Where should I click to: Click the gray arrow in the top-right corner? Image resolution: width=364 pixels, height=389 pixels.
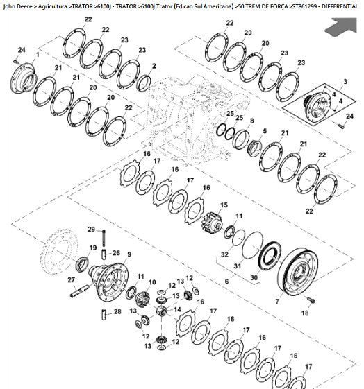(342, 26)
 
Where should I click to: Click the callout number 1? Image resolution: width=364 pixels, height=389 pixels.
(38, 54)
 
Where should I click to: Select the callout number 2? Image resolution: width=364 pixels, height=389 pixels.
(154, 66)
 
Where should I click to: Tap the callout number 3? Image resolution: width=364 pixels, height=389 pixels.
(345, 81)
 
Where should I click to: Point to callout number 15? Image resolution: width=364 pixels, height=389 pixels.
(224, 205)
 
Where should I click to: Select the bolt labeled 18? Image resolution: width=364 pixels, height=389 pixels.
(311, 300)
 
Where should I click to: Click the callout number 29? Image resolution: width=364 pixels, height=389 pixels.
(91, 230)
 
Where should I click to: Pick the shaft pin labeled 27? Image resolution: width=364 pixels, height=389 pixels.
(79, 291)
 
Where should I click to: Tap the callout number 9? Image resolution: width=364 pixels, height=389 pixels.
(129, 254)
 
